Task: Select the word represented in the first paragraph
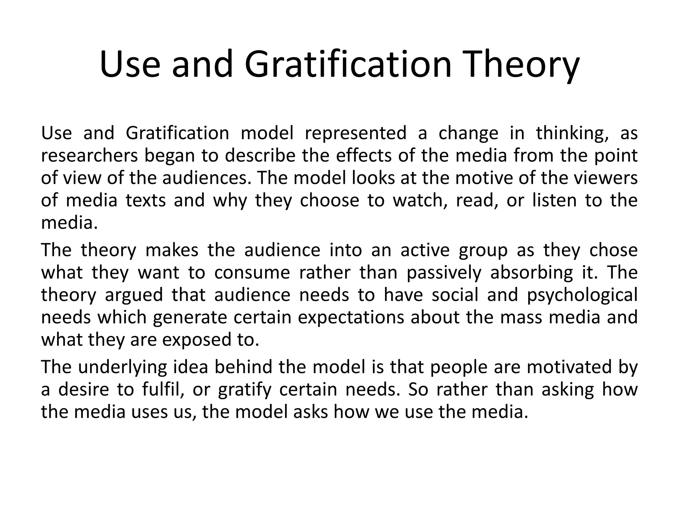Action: pos(355,133)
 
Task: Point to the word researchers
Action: pos(89,156)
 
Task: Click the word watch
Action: pos(420,200)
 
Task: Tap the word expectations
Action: pos(351,318)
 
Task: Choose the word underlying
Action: pos(122,368)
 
